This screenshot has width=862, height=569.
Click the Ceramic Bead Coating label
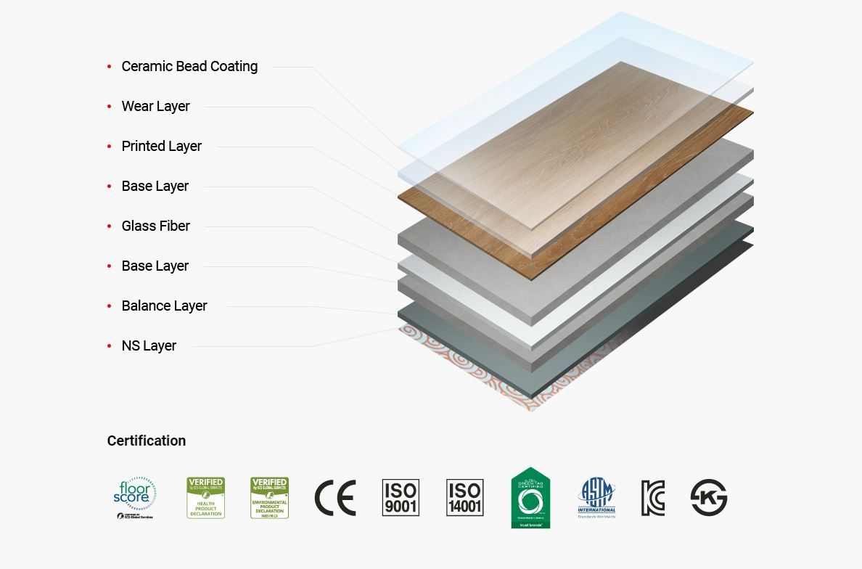189,66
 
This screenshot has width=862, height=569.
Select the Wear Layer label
155,106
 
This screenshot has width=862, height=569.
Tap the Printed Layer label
161,146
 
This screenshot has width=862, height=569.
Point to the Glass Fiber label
155,226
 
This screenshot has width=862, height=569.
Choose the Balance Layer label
164,306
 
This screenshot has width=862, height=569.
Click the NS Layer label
149,345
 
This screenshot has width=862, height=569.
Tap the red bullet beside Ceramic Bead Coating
109,67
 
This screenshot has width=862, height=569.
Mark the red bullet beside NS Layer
109,346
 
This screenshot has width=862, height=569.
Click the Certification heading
146,441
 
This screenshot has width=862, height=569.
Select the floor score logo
135,498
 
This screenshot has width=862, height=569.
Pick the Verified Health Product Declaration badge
205,498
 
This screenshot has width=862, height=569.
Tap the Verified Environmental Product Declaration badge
269,498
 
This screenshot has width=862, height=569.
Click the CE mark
334,498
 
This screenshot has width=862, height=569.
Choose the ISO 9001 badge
401,498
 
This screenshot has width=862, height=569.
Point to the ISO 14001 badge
464,498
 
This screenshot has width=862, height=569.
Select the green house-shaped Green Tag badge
530,498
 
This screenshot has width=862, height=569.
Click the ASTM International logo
596,498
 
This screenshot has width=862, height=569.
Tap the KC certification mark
652,498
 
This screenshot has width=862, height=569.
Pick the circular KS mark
708,498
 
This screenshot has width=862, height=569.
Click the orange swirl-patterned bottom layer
464,370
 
